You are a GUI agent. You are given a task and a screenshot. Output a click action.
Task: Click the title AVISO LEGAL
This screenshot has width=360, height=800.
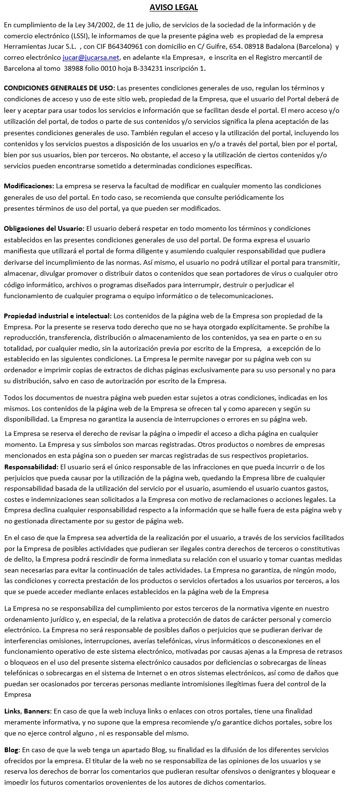pos(174,7)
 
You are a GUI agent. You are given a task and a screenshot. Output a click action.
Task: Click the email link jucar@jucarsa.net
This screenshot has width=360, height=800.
pos(91,57)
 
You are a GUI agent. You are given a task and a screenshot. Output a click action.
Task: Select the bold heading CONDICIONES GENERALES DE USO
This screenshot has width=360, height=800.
pos(59,88)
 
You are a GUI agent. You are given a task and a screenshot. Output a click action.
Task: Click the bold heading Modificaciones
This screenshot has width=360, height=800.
pos(29,186)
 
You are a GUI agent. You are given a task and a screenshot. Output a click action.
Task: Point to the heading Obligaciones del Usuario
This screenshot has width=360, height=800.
pos(44,228)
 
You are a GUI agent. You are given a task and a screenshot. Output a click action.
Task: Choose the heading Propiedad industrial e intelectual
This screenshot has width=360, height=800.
pos(57,316)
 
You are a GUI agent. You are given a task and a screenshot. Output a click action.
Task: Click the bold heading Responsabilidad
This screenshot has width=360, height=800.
pos(31,466)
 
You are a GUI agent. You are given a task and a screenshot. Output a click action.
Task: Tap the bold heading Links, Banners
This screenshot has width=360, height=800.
pos(27,711)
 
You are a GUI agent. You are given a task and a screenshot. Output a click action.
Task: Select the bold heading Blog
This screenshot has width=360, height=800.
pos(11,750)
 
